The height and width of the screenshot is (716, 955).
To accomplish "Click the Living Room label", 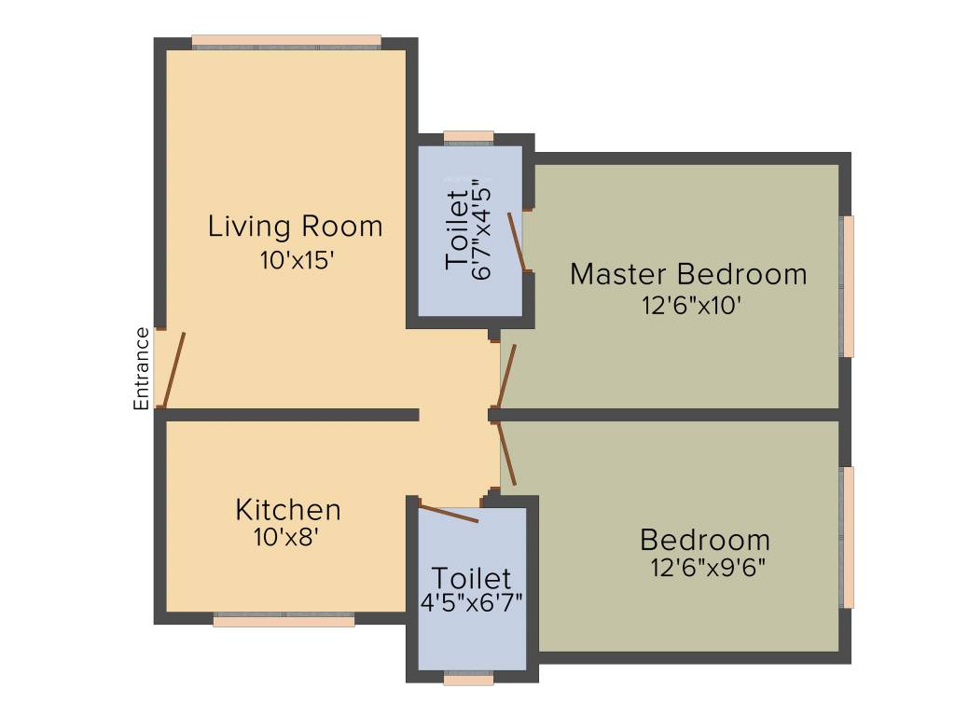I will point(295,227).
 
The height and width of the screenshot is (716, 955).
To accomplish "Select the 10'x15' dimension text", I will point(297,260).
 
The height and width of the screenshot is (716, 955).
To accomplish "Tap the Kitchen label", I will point(287,510).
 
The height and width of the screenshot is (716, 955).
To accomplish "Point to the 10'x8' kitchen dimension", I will point(287,538).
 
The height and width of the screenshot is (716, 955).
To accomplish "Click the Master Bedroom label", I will point(688,274).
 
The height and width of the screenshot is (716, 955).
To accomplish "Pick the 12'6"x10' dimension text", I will point(691,305).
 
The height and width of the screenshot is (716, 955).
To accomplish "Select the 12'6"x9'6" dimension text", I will point(708,568).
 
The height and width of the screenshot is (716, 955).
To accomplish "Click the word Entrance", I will point(142,368).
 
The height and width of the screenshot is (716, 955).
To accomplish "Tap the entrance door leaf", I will point(174,370).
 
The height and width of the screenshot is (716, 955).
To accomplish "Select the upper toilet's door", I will point(516,241).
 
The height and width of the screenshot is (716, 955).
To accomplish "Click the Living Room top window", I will point(286,41).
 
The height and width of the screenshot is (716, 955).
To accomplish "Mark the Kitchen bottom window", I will point(284,619).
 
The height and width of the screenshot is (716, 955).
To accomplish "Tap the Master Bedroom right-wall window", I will point(848,286).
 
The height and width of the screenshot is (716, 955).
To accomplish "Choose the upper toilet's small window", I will point(468,137).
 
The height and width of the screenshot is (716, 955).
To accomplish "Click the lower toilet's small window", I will point(468,679).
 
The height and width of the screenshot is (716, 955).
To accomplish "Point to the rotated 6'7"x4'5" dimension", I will point(482,228).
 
